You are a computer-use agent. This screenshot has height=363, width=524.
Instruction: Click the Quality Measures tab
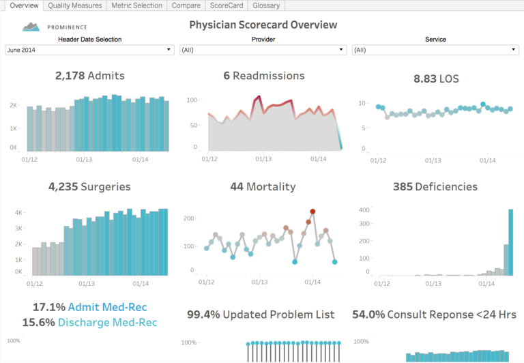[75, 5]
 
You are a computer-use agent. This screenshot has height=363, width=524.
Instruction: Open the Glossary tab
[265, 5]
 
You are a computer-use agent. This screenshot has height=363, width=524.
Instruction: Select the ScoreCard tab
[227, 5]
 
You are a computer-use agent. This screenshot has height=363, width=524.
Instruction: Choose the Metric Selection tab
[137, 5]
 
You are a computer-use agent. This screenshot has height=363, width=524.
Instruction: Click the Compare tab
[186, 5]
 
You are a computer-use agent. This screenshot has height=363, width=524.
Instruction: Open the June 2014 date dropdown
[89, 50]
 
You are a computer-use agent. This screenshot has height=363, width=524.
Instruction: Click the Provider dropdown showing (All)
[263, 50]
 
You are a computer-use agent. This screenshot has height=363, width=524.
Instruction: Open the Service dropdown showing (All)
[435, 50]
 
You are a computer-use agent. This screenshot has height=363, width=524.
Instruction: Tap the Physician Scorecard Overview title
[263, 25]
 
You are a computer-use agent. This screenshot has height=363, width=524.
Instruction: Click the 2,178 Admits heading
[90, 76]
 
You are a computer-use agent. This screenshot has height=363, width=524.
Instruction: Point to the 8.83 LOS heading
[436, 78]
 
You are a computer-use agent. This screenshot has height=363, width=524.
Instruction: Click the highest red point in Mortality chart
[312, 212]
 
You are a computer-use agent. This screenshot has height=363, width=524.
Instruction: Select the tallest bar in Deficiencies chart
[511, 242]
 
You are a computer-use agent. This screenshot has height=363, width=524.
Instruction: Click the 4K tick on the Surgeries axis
[18, 213]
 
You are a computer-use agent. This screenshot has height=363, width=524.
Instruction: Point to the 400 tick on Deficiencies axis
[363, 209]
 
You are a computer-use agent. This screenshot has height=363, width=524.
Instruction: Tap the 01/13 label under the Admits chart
[84, 160]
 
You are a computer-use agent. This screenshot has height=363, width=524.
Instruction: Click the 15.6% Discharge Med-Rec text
[89, 322]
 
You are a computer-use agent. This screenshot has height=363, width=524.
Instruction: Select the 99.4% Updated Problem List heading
[261, 315]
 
